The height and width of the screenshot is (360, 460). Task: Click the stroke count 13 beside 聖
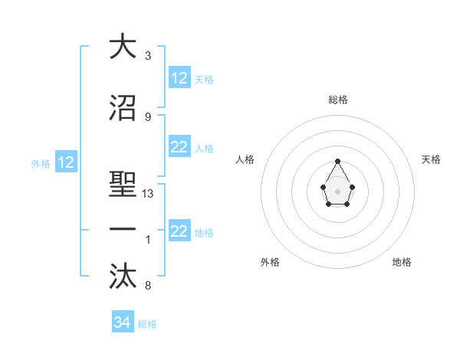coord(149,194)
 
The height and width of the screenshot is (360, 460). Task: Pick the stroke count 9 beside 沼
coord(148,116)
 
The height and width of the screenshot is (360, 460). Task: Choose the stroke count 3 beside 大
coord(148,56)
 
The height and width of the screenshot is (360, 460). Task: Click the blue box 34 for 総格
coord(122,322)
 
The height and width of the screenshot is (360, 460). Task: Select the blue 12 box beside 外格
coord(65,162)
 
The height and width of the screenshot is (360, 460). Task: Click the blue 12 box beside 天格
coord(179,78)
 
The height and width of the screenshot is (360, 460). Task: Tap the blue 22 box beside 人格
coord(179,148)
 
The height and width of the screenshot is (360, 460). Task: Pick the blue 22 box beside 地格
coord(179,231)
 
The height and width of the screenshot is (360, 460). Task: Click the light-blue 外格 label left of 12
coord(40,163)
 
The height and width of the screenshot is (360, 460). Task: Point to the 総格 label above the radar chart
coord(338,100)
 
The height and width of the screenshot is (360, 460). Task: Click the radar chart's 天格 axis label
coord(431,159)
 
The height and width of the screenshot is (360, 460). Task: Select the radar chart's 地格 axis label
coord(402,263)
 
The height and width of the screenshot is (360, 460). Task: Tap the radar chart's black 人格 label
coord(245,159)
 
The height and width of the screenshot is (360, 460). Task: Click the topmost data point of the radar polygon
coord(338,161)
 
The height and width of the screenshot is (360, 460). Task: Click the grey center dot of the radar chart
coord(338,190)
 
